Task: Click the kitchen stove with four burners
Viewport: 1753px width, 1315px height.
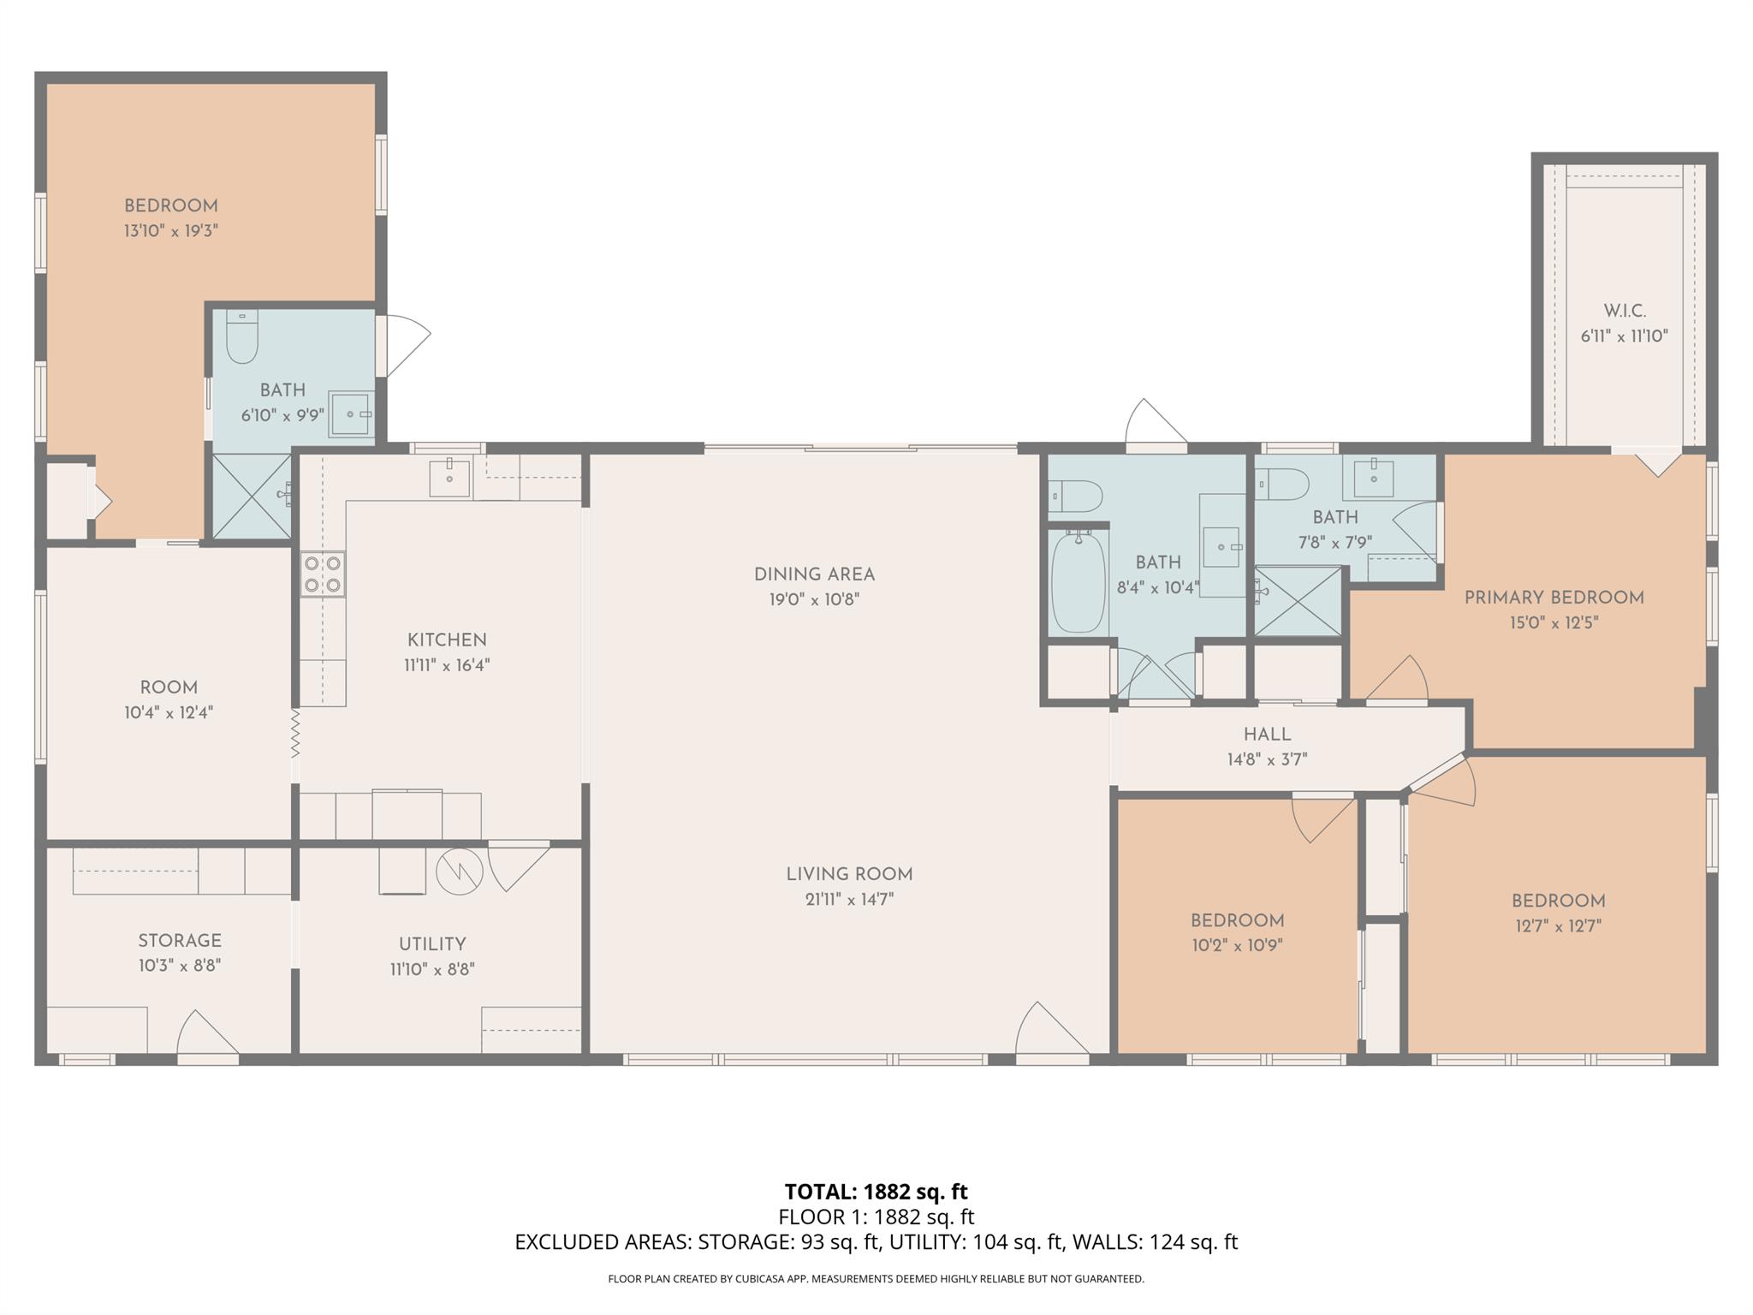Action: (323, 574)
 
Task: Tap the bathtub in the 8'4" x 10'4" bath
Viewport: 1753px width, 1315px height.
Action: (1077, 582)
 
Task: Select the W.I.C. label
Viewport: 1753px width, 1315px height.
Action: (1625, 311)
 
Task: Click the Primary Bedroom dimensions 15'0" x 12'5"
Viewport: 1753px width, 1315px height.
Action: (1554, 622)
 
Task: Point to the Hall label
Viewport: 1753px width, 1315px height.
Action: (1267, 735)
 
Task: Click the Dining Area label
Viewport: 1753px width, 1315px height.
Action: (814, 574)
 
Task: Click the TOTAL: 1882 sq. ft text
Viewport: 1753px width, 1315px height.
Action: (876, 1192)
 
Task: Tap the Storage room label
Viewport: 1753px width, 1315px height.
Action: (180, 941)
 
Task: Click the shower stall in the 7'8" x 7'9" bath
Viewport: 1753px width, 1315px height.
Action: (1298, 600)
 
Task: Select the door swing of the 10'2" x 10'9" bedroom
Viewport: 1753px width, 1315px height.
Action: (1318, 818)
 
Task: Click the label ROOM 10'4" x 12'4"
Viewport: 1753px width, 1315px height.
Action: (169, 699)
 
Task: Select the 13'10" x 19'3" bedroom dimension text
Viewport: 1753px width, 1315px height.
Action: (171, 230)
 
